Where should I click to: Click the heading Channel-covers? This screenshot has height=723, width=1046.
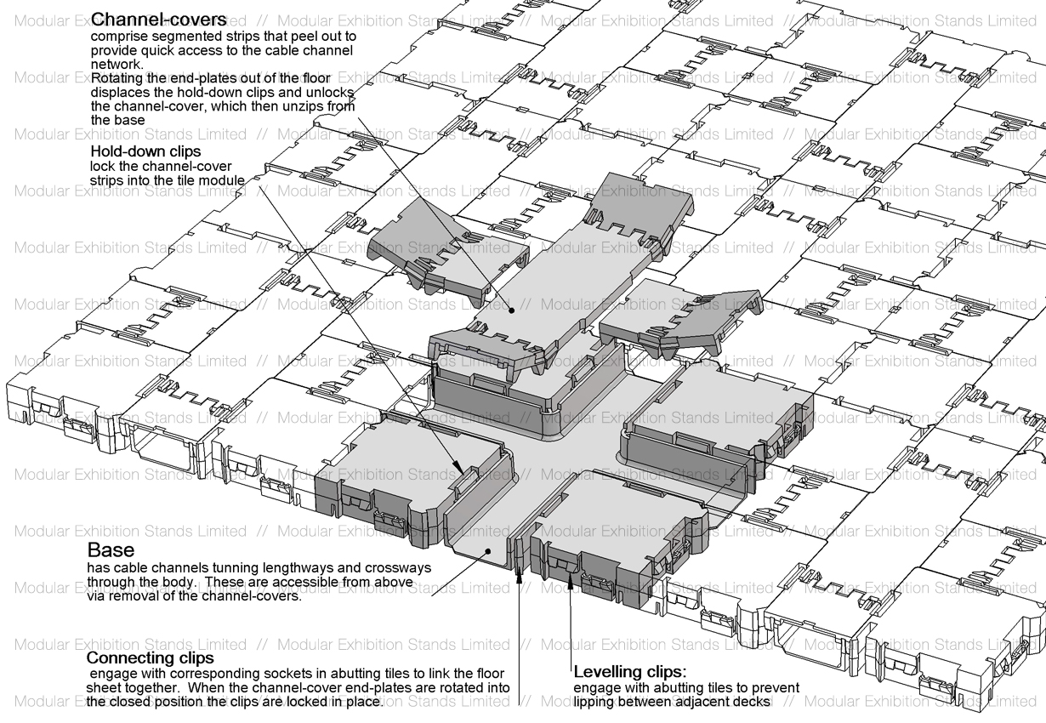pos(159,20)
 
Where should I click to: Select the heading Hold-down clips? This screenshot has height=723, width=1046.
pos(145,151)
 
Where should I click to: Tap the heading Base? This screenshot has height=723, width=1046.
pos(111,549)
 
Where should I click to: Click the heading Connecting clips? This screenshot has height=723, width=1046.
pos(151,658)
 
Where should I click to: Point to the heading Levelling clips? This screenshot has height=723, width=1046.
pos(630,672)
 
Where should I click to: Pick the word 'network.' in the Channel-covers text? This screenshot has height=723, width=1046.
pos(117,64)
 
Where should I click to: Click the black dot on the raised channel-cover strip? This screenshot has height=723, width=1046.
pos(512,310)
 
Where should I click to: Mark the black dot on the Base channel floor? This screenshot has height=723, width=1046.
pos(488,551)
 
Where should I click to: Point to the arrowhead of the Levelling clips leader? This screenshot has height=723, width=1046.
pos(570,578)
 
